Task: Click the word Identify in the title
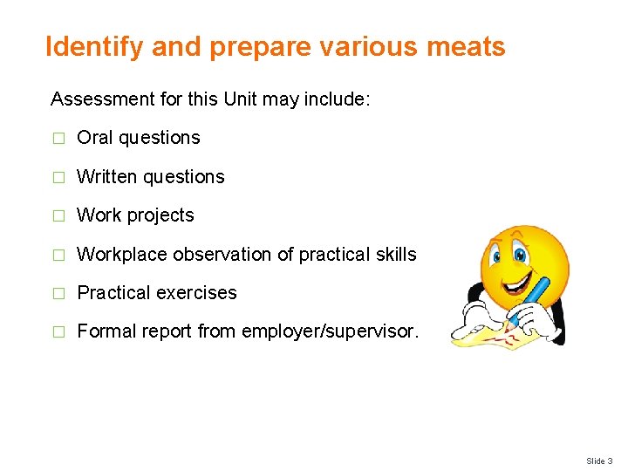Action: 95,46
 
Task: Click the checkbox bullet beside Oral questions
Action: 58,139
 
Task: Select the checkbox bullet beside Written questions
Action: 58,177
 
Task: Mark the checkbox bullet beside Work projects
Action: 58,216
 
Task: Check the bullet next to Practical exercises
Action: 58,294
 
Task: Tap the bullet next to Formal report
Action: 58,332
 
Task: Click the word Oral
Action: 95,138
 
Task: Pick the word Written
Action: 107,177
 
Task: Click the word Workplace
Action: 122,255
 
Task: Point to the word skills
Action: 397,255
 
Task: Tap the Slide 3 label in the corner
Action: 599,461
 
